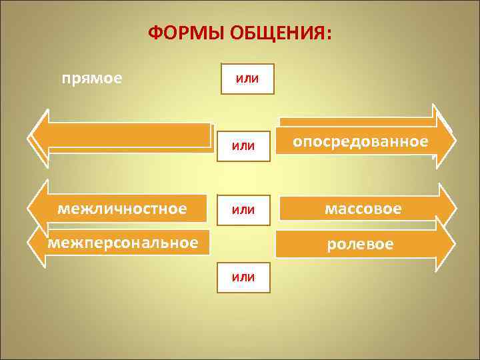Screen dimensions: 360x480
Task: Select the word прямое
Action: pos(92,79)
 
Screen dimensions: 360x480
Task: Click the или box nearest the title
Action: pos(247,79)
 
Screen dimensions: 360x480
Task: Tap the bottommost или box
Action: pos(243,277)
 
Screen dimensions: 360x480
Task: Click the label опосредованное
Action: pos(361,142)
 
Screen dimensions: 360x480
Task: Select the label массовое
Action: pos(363,209)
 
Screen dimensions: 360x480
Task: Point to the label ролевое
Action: pos(360,244)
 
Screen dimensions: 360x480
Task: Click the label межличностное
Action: pos(122,209)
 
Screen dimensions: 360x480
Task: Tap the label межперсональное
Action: pos(122,243)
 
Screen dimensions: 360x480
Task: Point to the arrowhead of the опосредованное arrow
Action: pos(445,139)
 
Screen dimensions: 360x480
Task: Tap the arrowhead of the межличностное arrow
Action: pos(38,208)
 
